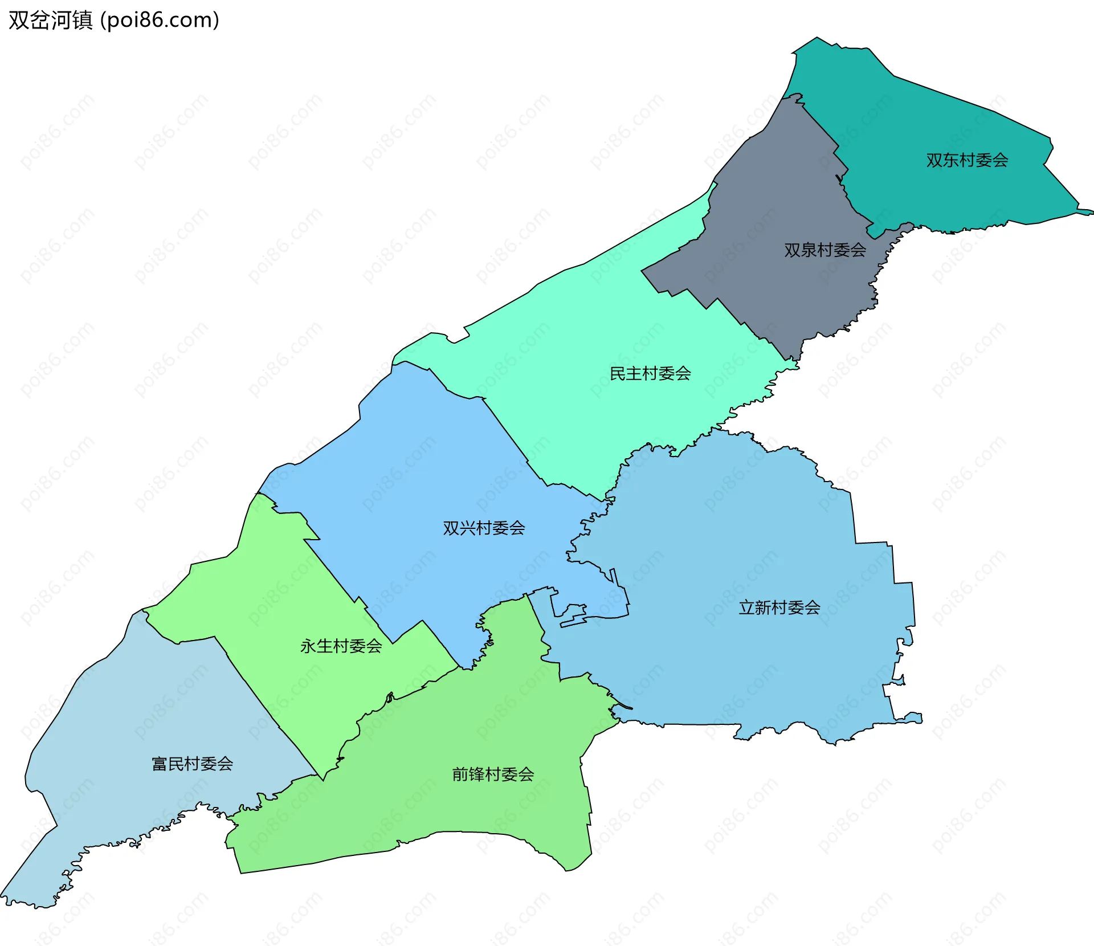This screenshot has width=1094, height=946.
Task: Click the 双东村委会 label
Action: (x=967, y=160)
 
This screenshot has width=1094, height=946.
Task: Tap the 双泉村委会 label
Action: (x=824, y=250)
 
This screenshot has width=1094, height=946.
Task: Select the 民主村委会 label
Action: (x=650, y=374)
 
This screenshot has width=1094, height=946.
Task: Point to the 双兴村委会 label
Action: (x=484, y=528)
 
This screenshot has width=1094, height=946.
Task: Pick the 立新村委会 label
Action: (x=779, y=607)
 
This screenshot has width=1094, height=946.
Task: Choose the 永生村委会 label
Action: (x=341, y=646)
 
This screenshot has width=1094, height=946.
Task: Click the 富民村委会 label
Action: (x=192, y=764)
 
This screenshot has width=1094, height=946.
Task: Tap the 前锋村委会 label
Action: (x=493, y=774)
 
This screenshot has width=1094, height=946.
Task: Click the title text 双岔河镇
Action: (x=51, y=21)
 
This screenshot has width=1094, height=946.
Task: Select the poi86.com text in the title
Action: (x=160, y=21)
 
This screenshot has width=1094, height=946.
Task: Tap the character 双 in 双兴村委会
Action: (x=451, y=528)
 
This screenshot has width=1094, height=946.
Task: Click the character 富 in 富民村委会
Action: (x=160, y=764)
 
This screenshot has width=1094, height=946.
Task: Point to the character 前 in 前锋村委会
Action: (x=460, y=774)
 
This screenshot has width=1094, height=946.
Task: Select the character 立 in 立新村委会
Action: (x=746, y=607)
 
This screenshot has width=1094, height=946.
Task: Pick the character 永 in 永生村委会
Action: (x=308, y=646)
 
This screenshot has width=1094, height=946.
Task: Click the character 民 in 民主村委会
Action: (x=618, y=374)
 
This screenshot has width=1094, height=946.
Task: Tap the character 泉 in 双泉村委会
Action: (x=808, y=250)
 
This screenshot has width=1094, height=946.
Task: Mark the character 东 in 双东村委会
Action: (x=950, y=160)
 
